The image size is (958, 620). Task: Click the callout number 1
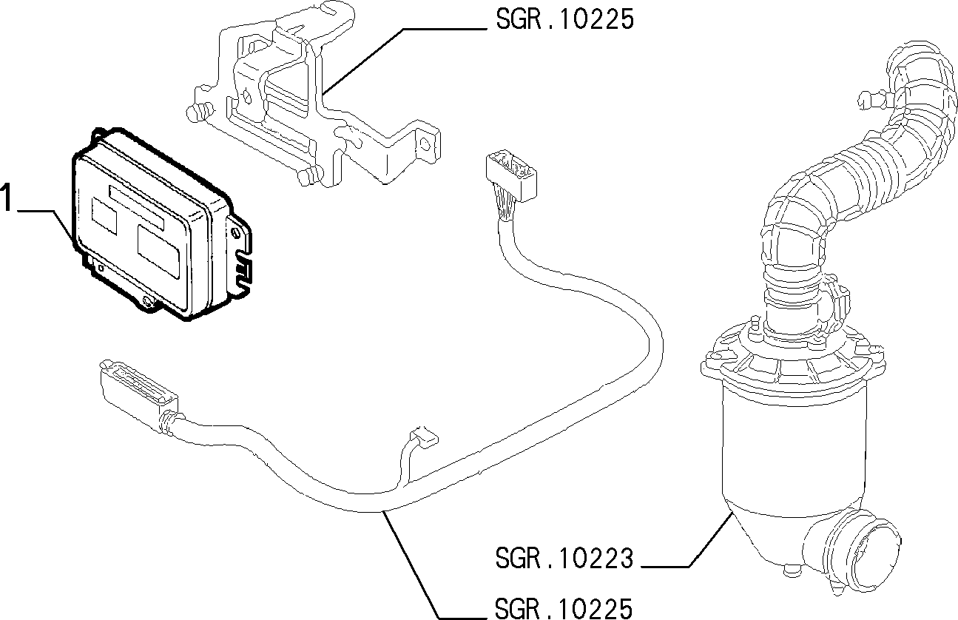point(6,197)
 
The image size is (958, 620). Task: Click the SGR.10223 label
point(564,559)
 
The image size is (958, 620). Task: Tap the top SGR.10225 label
point(564,19)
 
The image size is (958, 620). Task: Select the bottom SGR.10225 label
point(563,608)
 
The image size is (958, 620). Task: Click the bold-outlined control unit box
point(161,224)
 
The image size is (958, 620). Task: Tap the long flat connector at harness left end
point(139,389)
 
